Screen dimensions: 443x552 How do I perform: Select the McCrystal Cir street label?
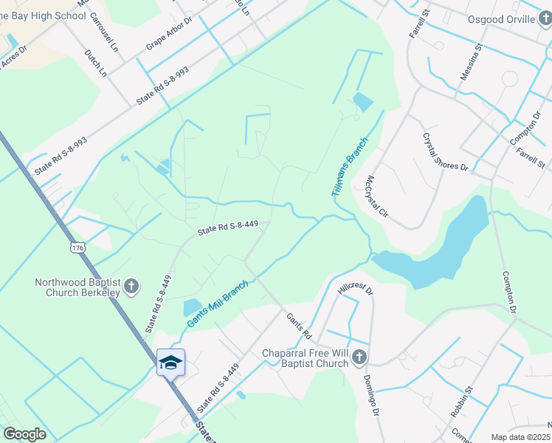[x=376, y=198]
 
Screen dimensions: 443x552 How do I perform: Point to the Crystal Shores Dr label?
[x=446, y=151]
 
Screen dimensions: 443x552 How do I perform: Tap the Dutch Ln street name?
[x=95, y=64]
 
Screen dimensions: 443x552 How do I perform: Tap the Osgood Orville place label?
[x=506, y=19]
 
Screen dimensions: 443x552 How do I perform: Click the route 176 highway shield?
[x=78, y=248]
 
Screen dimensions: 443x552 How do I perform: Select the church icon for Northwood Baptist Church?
[x=131, y=286]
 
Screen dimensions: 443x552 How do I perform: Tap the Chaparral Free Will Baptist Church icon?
[x=359, y=358]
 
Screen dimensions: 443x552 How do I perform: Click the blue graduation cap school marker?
[x=170, y=362]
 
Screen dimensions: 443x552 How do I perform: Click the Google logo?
[x=24, y=434]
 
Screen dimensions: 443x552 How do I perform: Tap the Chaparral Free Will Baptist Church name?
[x=305, y=358]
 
